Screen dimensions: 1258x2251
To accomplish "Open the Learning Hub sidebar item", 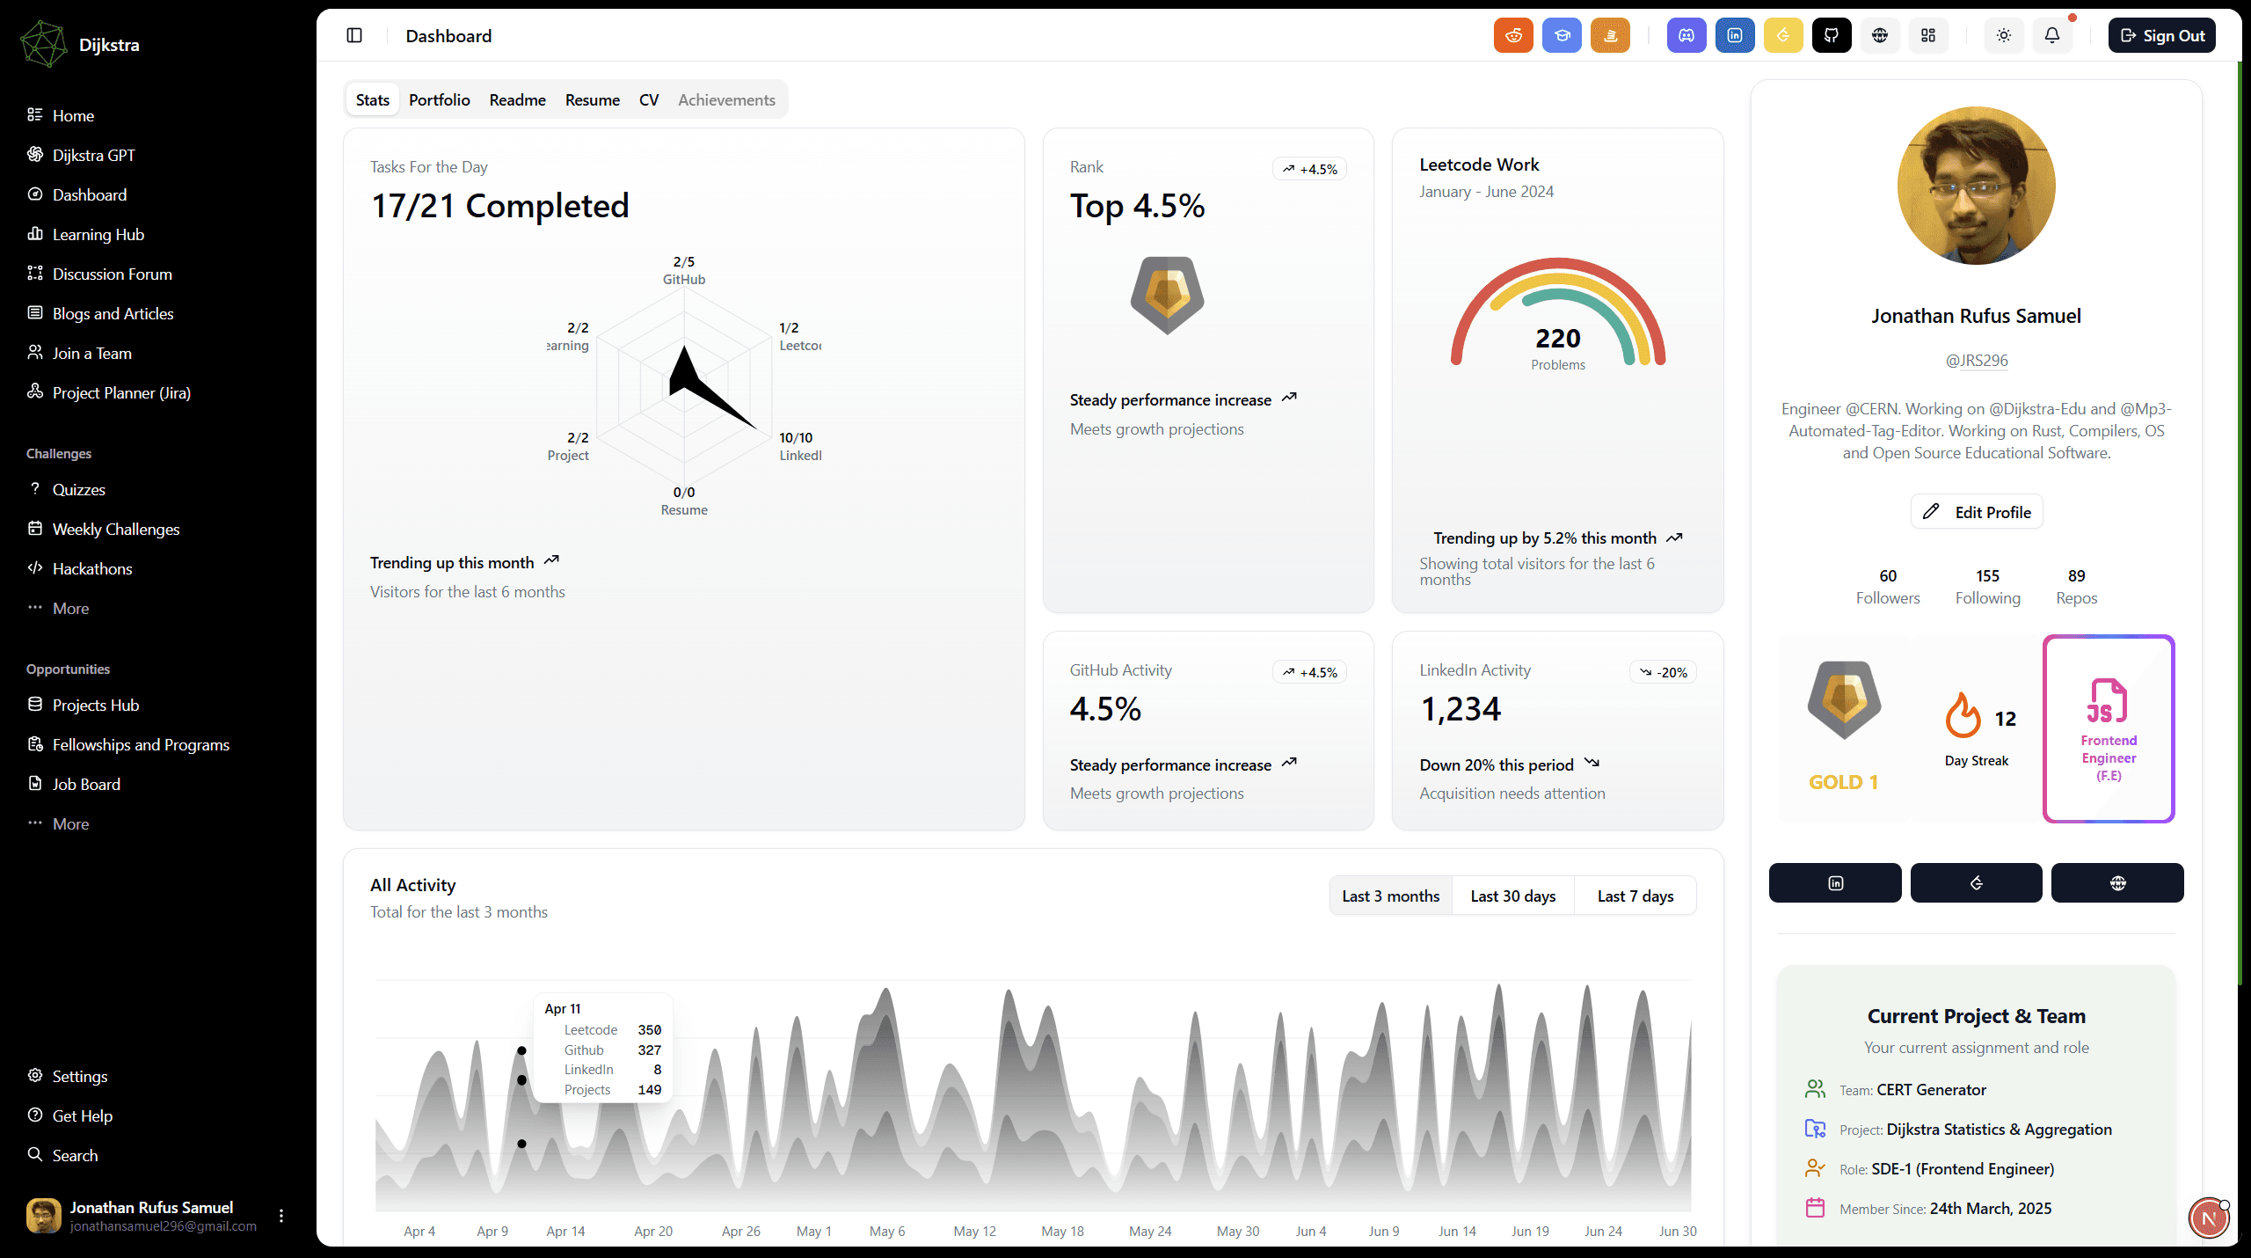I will coord(98,234).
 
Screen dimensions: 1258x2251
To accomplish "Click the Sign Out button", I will coord(2161,36).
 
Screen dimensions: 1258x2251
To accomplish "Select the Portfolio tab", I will coord(439,100).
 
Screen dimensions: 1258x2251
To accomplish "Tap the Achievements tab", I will coord(726,100).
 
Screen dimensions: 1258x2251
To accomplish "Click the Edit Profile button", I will coord(1977,512).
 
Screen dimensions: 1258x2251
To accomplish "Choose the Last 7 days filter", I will coord(1635,896).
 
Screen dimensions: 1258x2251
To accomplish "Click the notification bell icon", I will coord(2051,36).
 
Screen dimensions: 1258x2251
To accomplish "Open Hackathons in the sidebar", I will coord(91,568).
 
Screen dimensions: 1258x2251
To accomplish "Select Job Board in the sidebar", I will coord(86,784).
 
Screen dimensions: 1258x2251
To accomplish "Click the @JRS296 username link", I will coord(1976,361).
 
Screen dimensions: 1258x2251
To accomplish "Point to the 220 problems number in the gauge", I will coord(1557,339).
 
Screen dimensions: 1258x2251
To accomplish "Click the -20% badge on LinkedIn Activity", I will coord(1663,672).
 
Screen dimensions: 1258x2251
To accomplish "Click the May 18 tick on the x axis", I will coord(1062,1231).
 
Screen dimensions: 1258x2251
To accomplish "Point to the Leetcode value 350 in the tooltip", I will coord(649,1029).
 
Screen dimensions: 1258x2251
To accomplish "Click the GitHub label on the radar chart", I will coord(683,280).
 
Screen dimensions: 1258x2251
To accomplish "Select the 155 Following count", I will coord(1987,586).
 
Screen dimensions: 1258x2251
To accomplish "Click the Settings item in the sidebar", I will coord(79,1076).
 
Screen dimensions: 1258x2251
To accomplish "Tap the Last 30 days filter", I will coord(1512,896).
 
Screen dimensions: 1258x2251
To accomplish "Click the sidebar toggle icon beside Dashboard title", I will coord(354,36).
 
